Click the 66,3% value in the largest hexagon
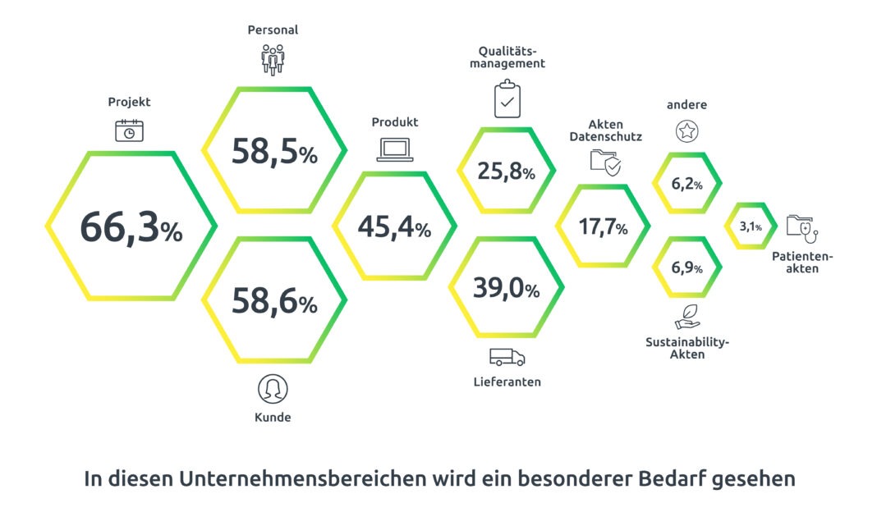(131, 228)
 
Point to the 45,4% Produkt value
(394, 227)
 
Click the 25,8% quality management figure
(506, 172)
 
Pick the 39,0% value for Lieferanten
(506, 288)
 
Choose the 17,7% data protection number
(603, 227)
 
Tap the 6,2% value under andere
(686, 184)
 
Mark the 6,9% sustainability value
(686, 268)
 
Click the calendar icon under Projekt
(129, 130)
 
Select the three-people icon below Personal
(273, 60)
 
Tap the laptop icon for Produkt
(394, 149)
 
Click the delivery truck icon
(507, 357)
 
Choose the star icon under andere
(686, 130)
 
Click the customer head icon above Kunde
(273, 388)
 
